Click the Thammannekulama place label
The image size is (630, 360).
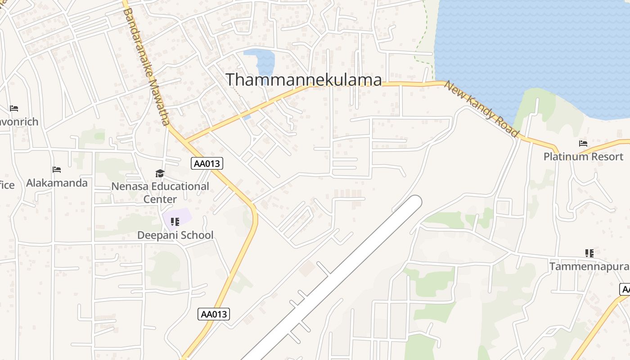pyautogui.click(x=304, y=80)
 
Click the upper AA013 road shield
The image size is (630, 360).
pyautogui.click(x=207, y=163)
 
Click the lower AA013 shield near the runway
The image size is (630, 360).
pyautogui.click(x=214, y=314)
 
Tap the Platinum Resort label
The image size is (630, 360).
pyautogui.click(x=583, y=157)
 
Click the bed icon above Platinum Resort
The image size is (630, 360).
pyautogui.click(x=583, y=144)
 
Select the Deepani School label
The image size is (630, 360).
pyautogui.click(x=175, y=235)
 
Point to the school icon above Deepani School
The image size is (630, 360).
pyautogui.click(x=175, y=221)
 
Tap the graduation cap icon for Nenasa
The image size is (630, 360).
pyautogui.click(x=160, y=173)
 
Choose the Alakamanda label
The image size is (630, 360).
pyautogui.click(x=57, y=183)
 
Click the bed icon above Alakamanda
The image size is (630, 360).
pyautogui.click(x=57, y=170)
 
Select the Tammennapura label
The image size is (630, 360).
pyautogui.click(x=589, y=266)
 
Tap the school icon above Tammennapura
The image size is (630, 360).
pyautogui.click(x=589, y=253)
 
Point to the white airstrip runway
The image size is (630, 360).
pyautogui.click(x=342, y=274)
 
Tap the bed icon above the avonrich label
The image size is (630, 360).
pyautogui.click(x=14, y=108)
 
